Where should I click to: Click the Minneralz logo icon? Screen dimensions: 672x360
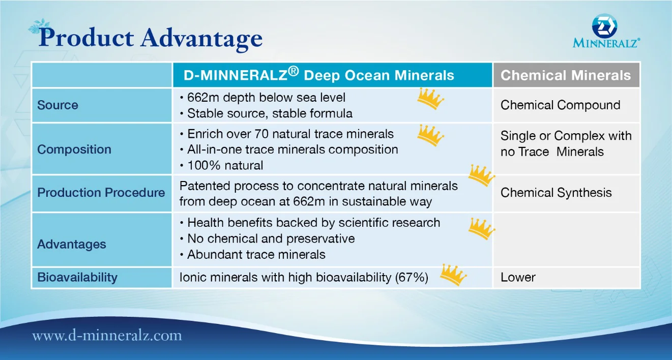pos(604,26)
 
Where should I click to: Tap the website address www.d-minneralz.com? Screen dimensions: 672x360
pos(107,336)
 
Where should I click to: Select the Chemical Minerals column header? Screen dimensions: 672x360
pos(566,75)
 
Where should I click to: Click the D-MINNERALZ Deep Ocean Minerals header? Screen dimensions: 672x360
pos(318,74)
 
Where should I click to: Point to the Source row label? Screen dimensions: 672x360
pos(57,105)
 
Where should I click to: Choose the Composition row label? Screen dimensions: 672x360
pos(74,149)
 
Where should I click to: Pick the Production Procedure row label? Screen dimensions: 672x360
pos(101,192)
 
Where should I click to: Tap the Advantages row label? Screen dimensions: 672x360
pos(71,244)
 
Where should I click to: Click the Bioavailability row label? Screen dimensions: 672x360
pos(77,277)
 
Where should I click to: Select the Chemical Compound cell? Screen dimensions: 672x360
pos(560,105)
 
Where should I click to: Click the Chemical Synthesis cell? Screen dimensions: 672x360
pos(556,192)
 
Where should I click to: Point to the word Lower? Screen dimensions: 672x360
pos(518,277)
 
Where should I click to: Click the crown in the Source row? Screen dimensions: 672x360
pos(430,99)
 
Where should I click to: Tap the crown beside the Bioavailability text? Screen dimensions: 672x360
pos(453,275)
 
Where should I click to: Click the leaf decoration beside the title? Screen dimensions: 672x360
pos(39,26)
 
